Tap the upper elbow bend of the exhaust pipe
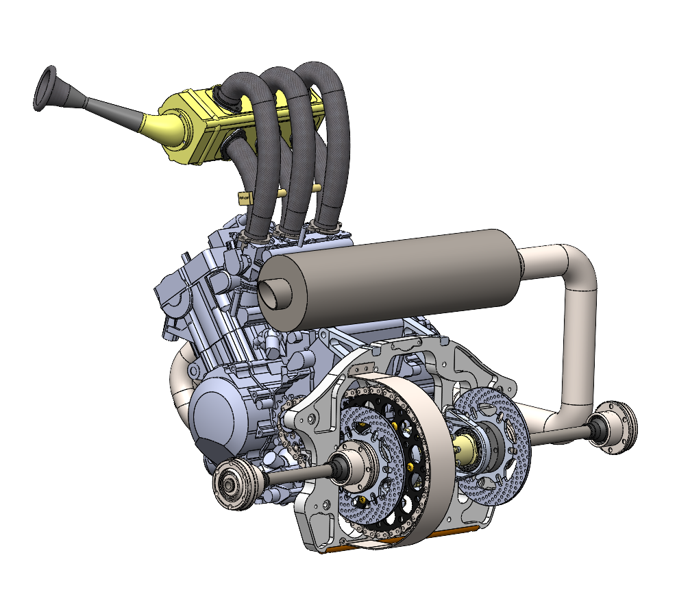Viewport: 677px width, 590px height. tap(576, 264)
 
